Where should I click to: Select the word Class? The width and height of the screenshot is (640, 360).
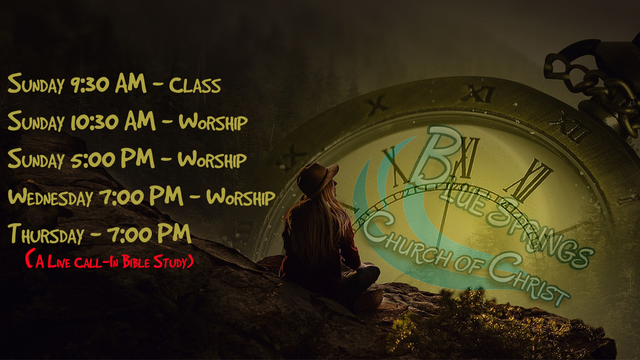coord(195,85)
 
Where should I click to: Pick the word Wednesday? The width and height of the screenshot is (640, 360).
coord(51,197)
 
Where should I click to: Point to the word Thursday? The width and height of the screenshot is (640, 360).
coord(46,234)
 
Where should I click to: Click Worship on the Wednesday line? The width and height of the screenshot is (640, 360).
coord(240,197)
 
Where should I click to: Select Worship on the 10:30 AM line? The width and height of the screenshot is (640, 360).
coord(213,122)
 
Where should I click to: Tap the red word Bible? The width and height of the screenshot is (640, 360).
coord(136,262)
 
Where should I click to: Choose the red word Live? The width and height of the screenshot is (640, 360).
coord(59,262)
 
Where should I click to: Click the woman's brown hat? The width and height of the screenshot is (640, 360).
coord(317,179)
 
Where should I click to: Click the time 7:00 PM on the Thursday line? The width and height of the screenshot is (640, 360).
coord(149,233)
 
